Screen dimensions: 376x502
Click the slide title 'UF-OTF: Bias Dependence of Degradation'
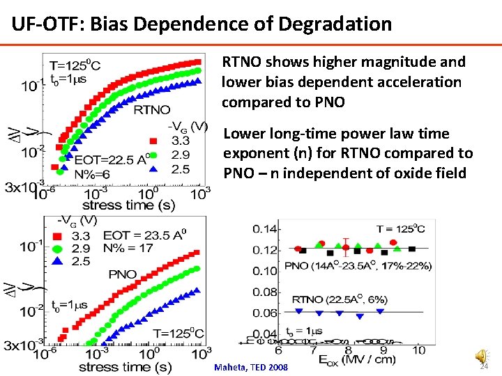click(201, 24)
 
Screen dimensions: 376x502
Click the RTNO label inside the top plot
click(151, 109)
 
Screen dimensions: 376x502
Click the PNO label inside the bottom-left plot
click(123, 274)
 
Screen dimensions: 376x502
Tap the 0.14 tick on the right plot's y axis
click(265, 229)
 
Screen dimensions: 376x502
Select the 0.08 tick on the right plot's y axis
click(265, 292)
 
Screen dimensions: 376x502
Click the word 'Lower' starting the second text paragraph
click(244, 134)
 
